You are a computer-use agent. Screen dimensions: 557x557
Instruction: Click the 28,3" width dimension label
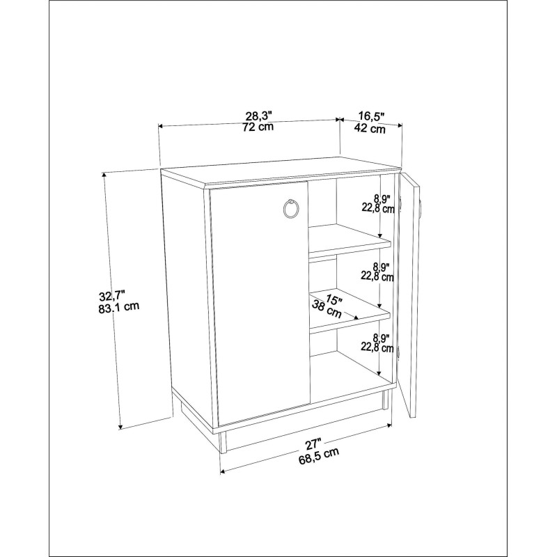258,116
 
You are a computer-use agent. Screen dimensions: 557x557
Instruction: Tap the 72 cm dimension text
258,127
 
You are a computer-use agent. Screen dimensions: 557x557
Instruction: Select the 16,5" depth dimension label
372,116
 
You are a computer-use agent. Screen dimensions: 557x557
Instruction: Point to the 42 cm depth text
370,128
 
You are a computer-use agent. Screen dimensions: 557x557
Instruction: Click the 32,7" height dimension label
112,295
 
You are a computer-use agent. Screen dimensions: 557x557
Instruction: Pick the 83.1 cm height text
119,307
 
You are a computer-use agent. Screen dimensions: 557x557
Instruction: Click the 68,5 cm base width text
319,456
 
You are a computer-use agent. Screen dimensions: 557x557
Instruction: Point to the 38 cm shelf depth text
327,309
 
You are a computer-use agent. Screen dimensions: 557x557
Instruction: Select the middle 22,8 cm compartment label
377,276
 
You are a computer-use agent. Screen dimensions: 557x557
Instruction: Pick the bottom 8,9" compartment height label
382,337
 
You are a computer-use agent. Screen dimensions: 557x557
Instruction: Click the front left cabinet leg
223,444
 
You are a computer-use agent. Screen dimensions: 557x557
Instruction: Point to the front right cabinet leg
386,400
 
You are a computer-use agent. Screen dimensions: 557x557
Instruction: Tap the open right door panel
409,295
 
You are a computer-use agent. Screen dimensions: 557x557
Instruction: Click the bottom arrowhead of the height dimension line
120,426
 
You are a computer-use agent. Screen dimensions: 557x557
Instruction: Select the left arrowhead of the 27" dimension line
223,472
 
